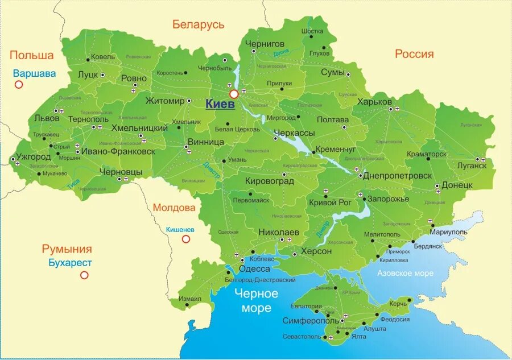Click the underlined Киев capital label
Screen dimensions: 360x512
point(220,104)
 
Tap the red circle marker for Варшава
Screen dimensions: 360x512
point(19,85)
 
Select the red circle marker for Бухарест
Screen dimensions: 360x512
point(84,275)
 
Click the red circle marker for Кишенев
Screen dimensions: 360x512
point(185,239)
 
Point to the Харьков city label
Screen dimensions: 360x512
point(374,102)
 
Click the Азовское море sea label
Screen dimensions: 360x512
point(406,274)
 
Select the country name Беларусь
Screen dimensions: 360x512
point(199,24)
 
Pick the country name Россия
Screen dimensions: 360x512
point(414,54)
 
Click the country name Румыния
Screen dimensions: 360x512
point(67,249)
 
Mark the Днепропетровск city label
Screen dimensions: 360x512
point(397,176)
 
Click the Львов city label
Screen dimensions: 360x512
point(47,118)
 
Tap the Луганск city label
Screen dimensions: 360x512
point(472,165)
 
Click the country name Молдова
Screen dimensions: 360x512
point(174,208)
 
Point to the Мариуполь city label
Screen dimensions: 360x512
point(448,232)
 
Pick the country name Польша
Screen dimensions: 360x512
point(31,55)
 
